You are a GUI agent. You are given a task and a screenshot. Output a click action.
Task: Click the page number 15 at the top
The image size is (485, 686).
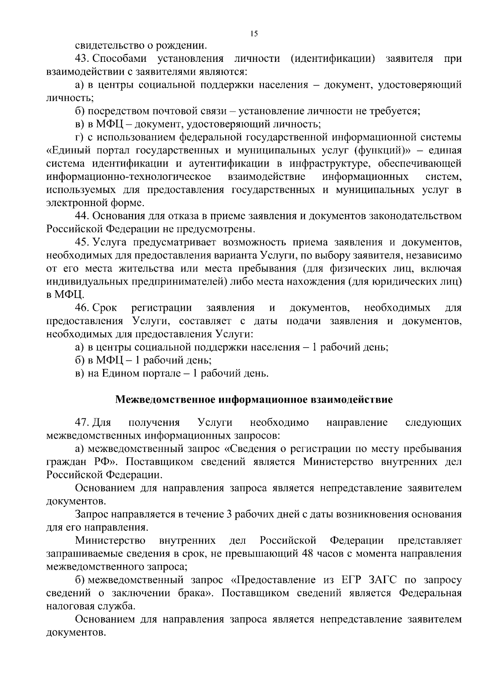pyautogui.click(x=254, y=34)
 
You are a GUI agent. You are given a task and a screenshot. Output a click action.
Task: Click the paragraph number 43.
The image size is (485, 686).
pyautogui.click(x=82, y=59)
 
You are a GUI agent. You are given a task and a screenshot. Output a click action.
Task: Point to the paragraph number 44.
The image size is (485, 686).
pyautogui.click(x=82, y=216)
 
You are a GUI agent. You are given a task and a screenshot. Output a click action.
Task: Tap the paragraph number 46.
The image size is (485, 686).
pyautogui.click(x=82, y=308)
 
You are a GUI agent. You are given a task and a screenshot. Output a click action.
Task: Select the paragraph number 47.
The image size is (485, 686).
pyautogui.click(x=82, y=423)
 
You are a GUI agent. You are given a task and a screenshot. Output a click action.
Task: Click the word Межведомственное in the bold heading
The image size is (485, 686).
pyautogui.click(x=166, y=400)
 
